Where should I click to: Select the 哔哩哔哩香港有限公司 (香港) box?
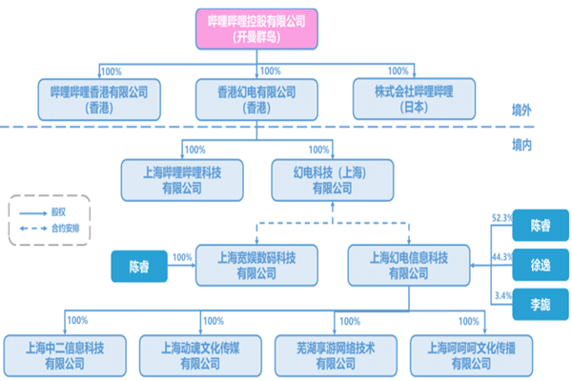105,98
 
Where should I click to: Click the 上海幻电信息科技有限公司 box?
407,264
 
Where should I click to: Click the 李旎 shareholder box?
541,305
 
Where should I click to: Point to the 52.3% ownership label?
501,218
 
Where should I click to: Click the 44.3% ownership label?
501,258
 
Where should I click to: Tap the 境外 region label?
521,111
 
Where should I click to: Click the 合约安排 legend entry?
71,230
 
